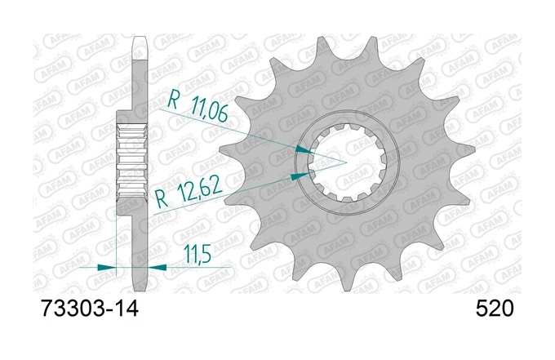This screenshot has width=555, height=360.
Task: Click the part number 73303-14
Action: click(90, 309)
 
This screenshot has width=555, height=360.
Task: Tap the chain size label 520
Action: click(494, 309)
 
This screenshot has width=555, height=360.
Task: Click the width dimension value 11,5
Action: click(198, 255)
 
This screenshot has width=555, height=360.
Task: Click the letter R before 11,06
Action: click(173, 99)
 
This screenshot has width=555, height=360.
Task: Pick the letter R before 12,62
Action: click(162, 199)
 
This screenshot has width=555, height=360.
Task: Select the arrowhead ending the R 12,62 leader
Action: click(300, 176)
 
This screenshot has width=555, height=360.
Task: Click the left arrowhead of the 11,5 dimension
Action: click(107, 267)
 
